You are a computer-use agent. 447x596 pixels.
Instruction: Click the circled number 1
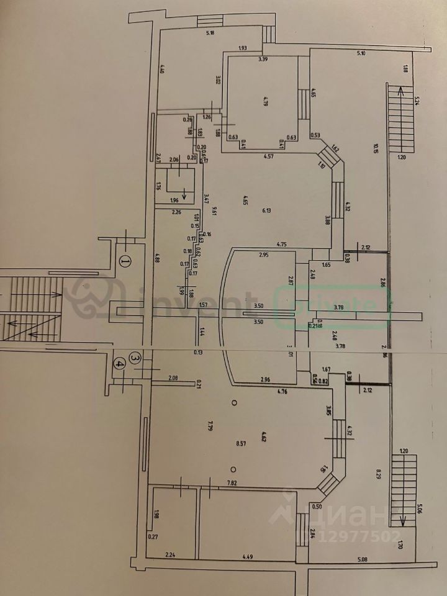tap(125, 262)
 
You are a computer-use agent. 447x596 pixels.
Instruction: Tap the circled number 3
tap(135, 358)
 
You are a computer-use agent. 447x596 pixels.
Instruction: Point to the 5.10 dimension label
tap(361, 54)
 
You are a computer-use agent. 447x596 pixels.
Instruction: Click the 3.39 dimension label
tap(264, 60)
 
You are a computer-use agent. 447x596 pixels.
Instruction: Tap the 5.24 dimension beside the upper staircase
tap(418, 102)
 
